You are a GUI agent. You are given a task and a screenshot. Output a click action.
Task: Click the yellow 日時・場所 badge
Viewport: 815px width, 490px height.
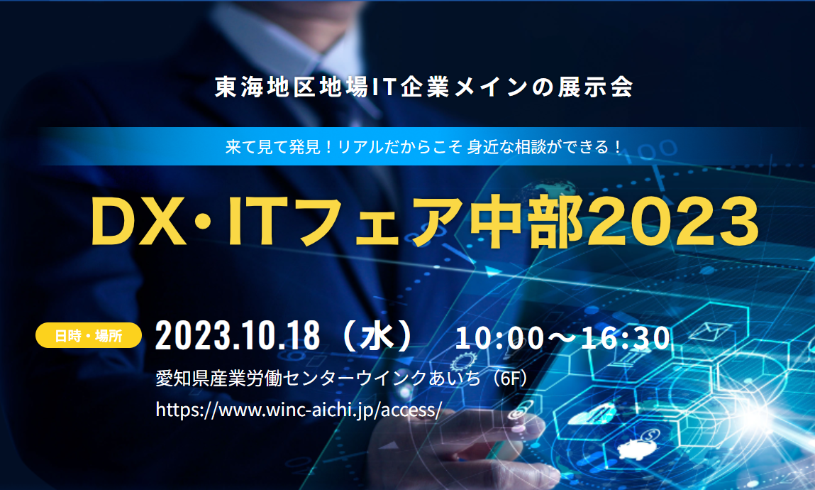pyautogui.click(x=89, y=335)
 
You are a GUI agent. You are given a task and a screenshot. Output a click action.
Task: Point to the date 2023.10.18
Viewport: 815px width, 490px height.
pyautogui.click(x=238, y=336)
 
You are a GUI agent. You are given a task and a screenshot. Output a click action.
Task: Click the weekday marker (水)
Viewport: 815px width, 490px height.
pyautogui.click(x=378, y=336)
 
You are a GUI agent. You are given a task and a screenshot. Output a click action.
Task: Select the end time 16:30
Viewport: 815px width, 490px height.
pyautogui.click(x=626, y=338)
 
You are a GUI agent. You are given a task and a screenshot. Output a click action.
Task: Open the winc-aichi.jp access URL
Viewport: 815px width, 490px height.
pyautogui.click(x=299, y=410)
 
